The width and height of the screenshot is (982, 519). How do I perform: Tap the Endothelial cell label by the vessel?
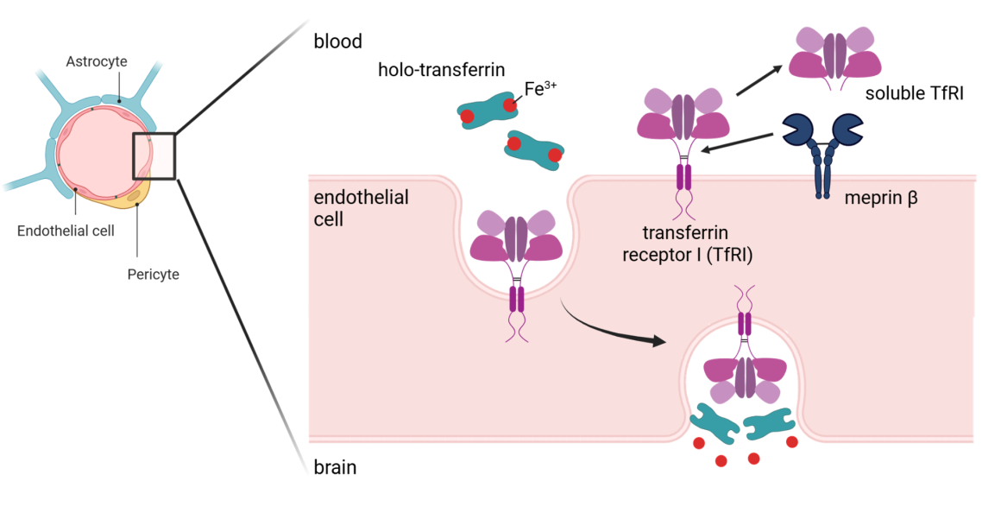(66, 231)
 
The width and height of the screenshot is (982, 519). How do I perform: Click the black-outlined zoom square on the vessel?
(154, 156)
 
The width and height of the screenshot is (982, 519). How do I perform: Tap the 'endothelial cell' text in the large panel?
(361, 208)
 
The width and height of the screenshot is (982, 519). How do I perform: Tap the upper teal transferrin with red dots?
(489, 110)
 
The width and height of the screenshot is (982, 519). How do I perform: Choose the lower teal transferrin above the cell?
(535, 149)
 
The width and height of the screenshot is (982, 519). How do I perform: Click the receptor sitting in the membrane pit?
(515, 250)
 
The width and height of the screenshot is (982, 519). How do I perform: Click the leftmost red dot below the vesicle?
(697, 444)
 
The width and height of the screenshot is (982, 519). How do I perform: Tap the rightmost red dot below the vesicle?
(792, 442)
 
